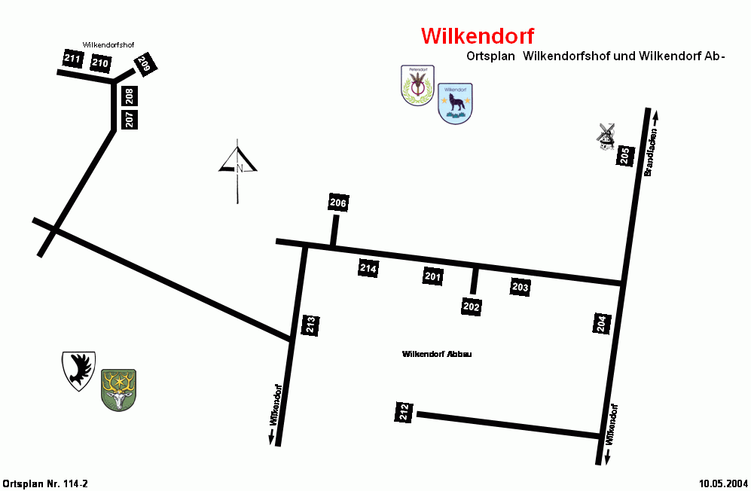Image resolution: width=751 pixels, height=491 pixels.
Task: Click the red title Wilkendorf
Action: coord(478,36)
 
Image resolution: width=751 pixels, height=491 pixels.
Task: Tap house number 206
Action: coord(338,203)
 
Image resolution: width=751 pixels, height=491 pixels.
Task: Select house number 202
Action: coord(472,307)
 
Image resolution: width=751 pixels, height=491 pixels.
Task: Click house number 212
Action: coord(405,412)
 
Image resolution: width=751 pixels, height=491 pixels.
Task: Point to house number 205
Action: coord(624,156)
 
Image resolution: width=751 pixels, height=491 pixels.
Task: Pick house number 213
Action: coord(310,325)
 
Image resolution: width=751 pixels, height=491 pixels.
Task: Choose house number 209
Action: coord(144,65)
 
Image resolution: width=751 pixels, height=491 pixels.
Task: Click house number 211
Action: coord(72,59)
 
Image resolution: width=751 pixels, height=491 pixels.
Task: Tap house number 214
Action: coord(368,268)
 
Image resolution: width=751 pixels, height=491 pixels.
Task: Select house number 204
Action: coord(600,324)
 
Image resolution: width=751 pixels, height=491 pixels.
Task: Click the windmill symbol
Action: coord(606,136)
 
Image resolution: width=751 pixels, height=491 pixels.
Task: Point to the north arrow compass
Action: coord(239,168)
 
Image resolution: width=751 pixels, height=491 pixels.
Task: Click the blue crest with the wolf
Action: coord(455,103)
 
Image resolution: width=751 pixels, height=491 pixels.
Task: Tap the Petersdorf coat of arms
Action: coord(417,84)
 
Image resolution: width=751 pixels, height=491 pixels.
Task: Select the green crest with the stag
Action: coord(118,389)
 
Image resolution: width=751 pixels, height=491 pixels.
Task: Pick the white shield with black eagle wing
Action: coord(78,370)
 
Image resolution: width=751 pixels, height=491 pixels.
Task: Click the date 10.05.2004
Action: coord(722,483)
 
